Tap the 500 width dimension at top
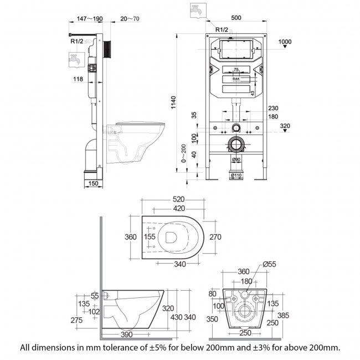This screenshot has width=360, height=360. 236,17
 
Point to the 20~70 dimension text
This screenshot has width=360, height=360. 130,18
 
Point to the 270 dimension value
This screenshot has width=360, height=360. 215,237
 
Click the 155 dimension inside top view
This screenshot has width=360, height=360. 149,237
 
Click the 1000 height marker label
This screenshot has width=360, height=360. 285,42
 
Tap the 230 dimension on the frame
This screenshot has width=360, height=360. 272,109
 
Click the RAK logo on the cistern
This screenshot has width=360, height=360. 236,79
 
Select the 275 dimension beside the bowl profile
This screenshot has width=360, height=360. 76,320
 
